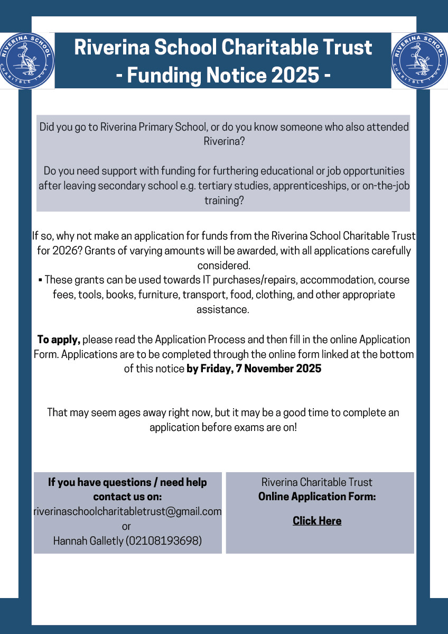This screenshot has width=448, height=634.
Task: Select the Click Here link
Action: point(317,521)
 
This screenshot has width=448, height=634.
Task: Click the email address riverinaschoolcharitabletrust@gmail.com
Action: point(127,511)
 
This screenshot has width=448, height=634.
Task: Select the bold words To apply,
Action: point(59,339)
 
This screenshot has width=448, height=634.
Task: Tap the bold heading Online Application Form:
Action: point(317,497)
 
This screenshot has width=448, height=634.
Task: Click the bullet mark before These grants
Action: point(41,280)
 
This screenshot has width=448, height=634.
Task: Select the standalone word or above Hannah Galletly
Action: point(126,526)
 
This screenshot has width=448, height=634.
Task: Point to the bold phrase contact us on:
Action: point(127,497)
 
